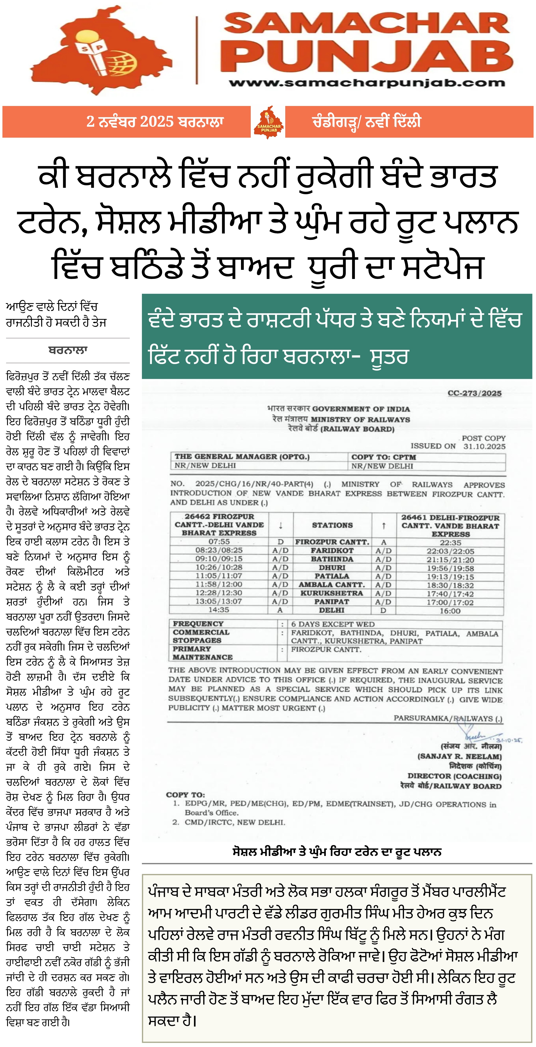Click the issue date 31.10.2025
click(484, 446)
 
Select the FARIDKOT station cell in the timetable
click(332, 550)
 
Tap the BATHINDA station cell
click(332, 559)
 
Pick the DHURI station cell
click(332, 567)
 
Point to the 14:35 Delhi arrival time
click(219, 610)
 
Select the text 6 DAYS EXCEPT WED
click(333, 624)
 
